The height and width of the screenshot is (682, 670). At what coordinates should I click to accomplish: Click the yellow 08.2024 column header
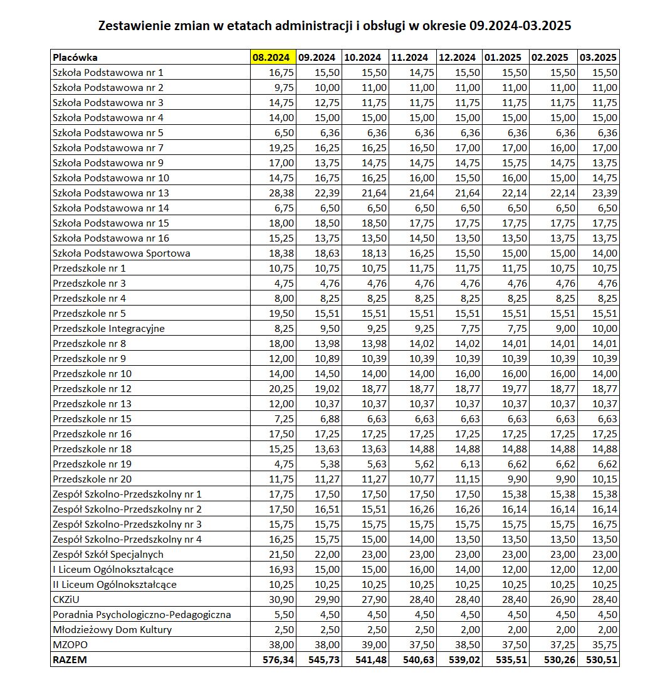pos(271,57)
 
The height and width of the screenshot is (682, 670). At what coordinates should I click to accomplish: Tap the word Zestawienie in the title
pos(132,26)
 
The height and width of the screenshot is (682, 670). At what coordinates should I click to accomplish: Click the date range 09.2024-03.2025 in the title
pos(520,26)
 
